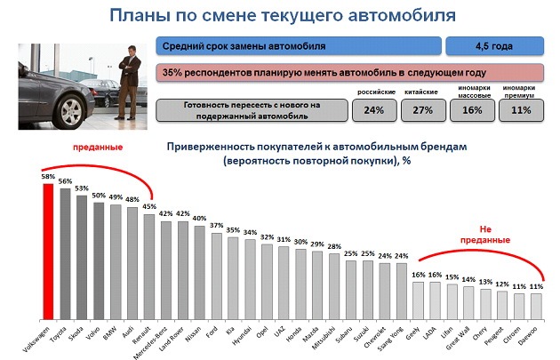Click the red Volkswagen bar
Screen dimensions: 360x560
coord(48,250)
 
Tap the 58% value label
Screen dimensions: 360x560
coord(48,176)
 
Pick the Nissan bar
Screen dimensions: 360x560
coord(198,272)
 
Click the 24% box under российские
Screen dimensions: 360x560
coord(373,110)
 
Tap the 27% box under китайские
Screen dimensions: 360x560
coord(422,110)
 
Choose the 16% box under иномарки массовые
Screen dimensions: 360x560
coord(472,110)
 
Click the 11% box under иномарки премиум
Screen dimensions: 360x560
coord(522,110)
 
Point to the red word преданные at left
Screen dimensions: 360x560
coord(97,146)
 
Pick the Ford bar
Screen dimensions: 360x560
coord(215,276)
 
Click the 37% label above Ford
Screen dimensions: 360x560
coord(215,226)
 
